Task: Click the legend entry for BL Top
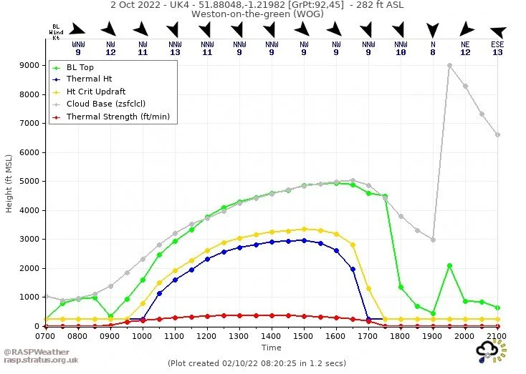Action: tap(80, 67)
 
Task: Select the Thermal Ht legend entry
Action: tap(89, 79)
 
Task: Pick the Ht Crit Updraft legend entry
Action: tap(95, 92)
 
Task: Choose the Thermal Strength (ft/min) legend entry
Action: tap(118, 117)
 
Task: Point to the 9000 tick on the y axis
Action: tap(29, 65)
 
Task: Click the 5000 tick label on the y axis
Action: tap(29, 181)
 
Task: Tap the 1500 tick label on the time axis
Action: tap(304, 335)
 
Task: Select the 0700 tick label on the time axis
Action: tap(45, 335)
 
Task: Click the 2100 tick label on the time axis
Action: tap(497, 335)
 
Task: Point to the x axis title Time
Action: tap(271, 348)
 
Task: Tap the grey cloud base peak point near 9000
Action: tap(449, 65)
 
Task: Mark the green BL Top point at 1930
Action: tap(449, 265)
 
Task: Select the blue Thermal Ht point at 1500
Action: tap(304, 240)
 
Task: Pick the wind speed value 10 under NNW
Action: tap(401, 52)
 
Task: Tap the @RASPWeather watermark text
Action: tap(35, 352)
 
